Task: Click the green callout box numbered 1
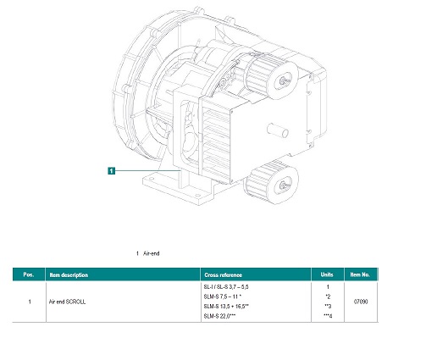coord(111,170)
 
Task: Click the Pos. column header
coord(28,274)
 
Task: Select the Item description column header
coord(69,274)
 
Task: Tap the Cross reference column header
coord(224,274)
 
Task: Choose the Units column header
coord(326,274)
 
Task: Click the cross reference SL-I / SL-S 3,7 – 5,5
coord(226,288)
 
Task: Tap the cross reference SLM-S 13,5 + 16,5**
coord(226,307)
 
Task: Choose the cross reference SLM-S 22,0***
coord(221,316)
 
